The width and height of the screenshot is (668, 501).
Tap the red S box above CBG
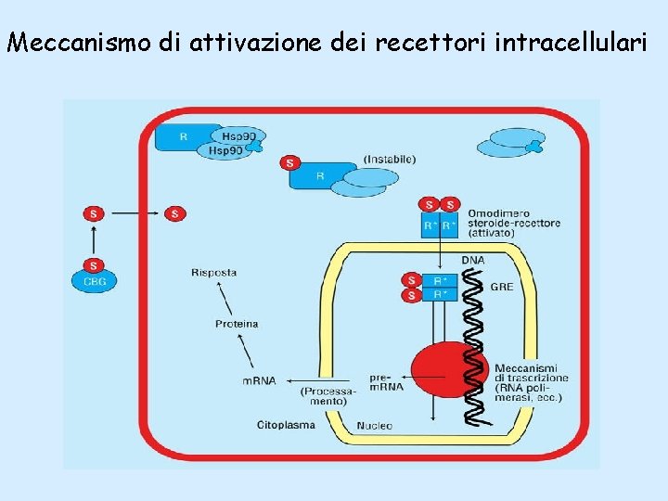coord(93,264)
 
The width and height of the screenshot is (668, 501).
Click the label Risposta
coord(213,273)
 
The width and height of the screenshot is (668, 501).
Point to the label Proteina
coord(237,324)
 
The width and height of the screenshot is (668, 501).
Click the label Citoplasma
coord(286,426)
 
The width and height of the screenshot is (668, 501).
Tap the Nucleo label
coord(375,426)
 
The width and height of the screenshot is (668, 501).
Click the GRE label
coord(501,287)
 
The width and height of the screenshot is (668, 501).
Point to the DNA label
coord(472,261)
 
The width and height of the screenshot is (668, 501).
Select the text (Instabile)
coord(390,160)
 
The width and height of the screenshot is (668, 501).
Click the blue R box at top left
coord(184,136)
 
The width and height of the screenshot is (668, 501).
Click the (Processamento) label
coord(328,396)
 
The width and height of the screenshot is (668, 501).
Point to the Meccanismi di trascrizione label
coord(532,380)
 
